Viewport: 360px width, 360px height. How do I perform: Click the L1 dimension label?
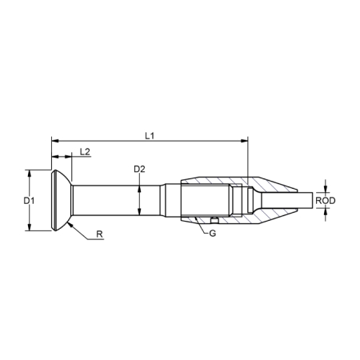(x=150, y=136)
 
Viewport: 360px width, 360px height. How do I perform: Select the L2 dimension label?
(x=85, y=151)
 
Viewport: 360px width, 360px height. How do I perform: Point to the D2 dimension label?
(x=139, y=169)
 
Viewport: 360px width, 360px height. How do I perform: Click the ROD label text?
(x=325, y=200)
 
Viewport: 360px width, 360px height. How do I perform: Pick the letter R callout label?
(x=98, y=235)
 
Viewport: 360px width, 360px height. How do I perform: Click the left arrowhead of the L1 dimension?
(x=54, y=142)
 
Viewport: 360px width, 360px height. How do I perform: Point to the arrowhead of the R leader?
(x=70, y=225)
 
